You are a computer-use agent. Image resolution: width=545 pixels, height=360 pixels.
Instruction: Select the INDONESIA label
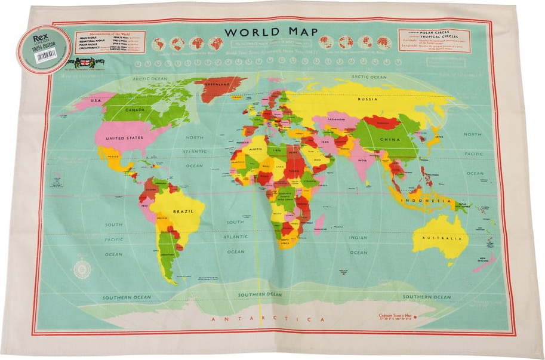coord(426,201)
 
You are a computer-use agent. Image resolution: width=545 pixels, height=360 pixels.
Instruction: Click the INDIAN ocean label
coord(358,238)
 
